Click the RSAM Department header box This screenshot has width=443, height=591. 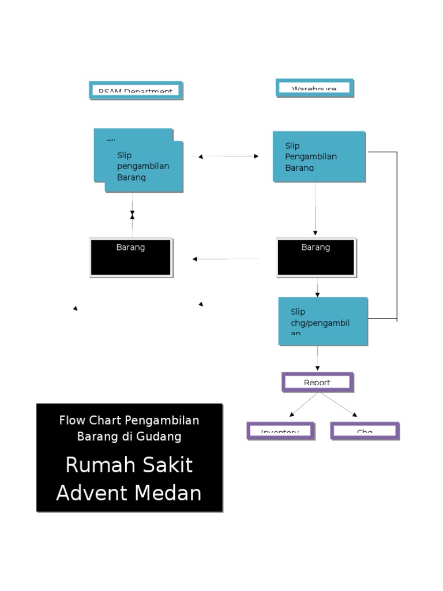[x=136, y=90]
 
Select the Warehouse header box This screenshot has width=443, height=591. [x=314, y=88]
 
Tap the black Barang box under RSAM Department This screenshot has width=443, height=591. [x=131, y=257]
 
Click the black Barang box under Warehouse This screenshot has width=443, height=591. [x=316, y=257]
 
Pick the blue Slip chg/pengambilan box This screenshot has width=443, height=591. [x=322, y=321]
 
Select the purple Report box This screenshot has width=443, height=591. [x=317, y=382]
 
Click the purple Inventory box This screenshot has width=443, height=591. [x=280, y=431]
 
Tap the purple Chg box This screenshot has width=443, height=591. [x=365, y=431]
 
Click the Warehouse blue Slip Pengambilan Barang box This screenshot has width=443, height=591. [x=318, y=156]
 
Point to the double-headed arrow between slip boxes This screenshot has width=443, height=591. [x=228, y=156]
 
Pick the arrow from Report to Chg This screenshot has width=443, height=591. [x=339, y=404]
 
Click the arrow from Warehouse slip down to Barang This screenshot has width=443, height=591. [x=315, y=208]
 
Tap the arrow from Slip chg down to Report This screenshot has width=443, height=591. [x=317, y=358]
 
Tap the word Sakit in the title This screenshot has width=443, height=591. [x=167, y=465]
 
